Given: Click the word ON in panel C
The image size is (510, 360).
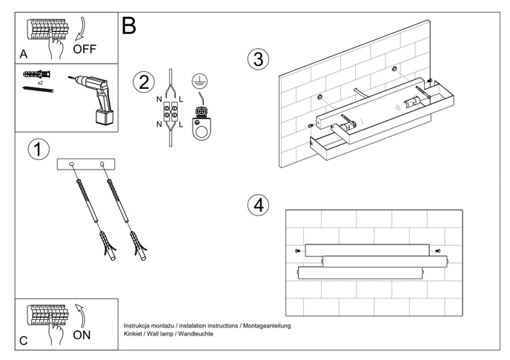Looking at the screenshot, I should pyautogui.click(x=83, y=335).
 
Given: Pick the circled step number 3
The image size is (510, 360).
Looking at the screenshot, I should pyautogui.click(x=257, y=59).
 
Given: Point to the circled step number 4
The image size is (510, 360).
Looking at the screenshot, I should pyautogui.click(x=257, y=205).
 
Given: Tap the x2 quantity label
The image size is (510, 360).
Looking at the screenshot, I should pyautogui.click(x=40, y=83).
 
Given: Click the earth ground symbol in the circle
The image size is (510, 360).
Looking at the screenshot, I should pyautogui.click(x=198, y=81).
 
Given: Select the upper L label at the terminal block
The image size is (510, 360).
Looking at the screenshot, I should pyautogui.click(x=182, y=98).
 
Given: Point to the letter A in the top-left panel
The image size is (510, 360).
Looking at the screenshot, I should pyautogui.click(x=24, y=55).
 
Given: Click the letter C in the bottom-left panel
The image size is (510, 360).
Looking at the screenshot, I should pyautogui.click(x=24, y=341).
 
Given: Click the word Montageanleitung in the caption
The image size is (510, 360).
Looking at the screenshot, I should pyautogui.click(x=265, y=326).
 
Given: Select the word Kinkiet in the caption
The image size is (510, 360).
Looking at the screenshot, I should pyautogui.click(x=133, y=334).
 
